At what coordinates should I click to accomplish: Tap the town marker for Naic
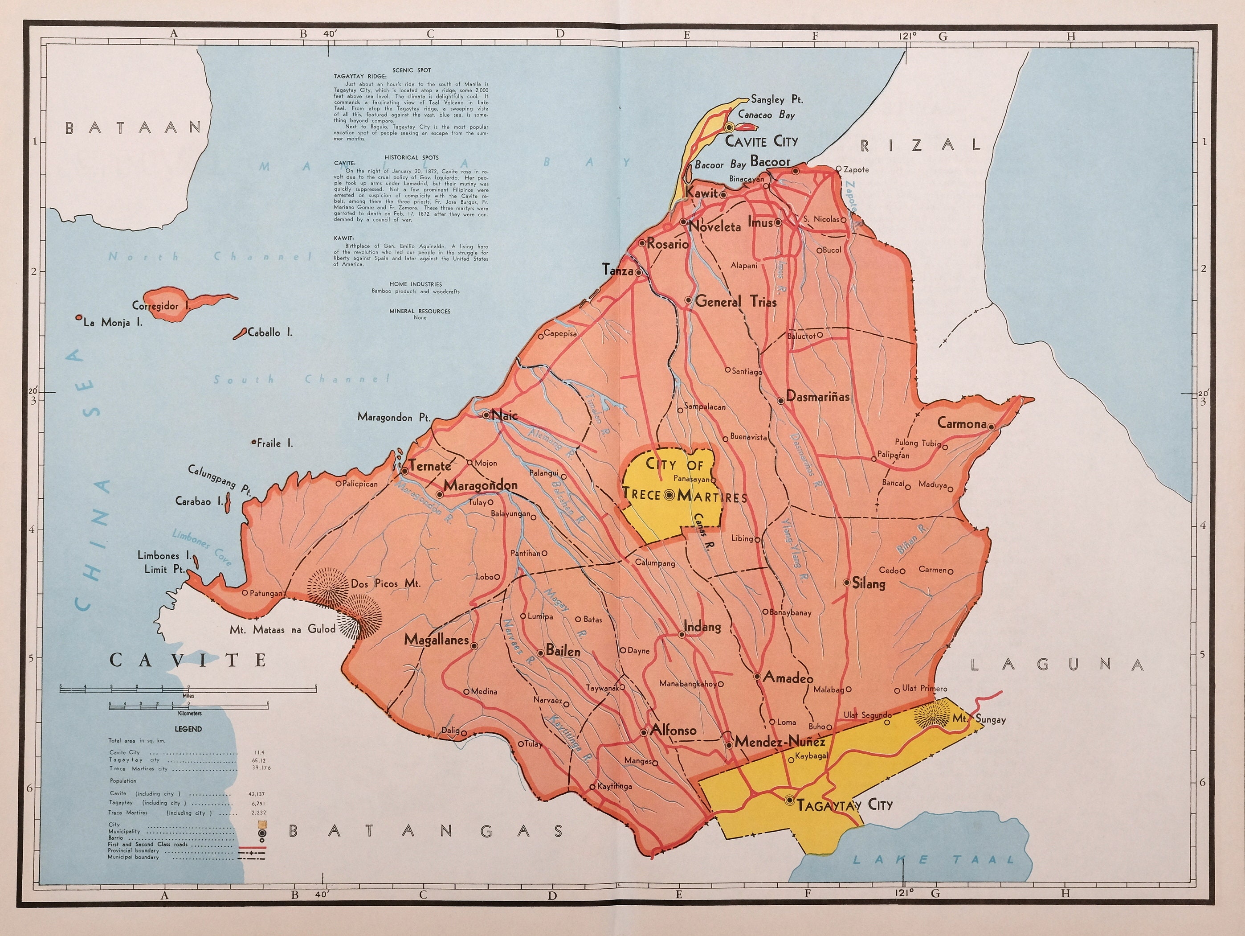pyautogui.click(x=487, y=415)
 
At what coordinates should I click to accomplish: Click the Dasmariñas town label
pyautogui.click(x=817, y=396)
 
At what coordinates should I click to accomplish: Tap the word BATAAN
pyautogui.click(x=133, y=128)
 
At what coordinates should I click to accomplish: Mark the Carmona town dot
pyautogui.click(x=992, y=426)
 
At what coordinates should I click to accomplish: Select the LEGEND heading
pyautogui.click(x=188, y=729)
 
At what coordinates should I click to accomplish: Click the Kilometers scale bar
pyautogui.click(x=188, y=705)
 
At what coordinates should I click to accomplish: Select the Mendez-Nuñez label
pyautogui.click(x=780, y=742)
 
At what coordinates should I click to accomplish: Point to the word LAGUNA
pyautogui.click(x=1057, y=665)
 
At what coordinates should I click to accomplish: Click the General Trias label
pyautogui.click(x=735, y=302)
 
